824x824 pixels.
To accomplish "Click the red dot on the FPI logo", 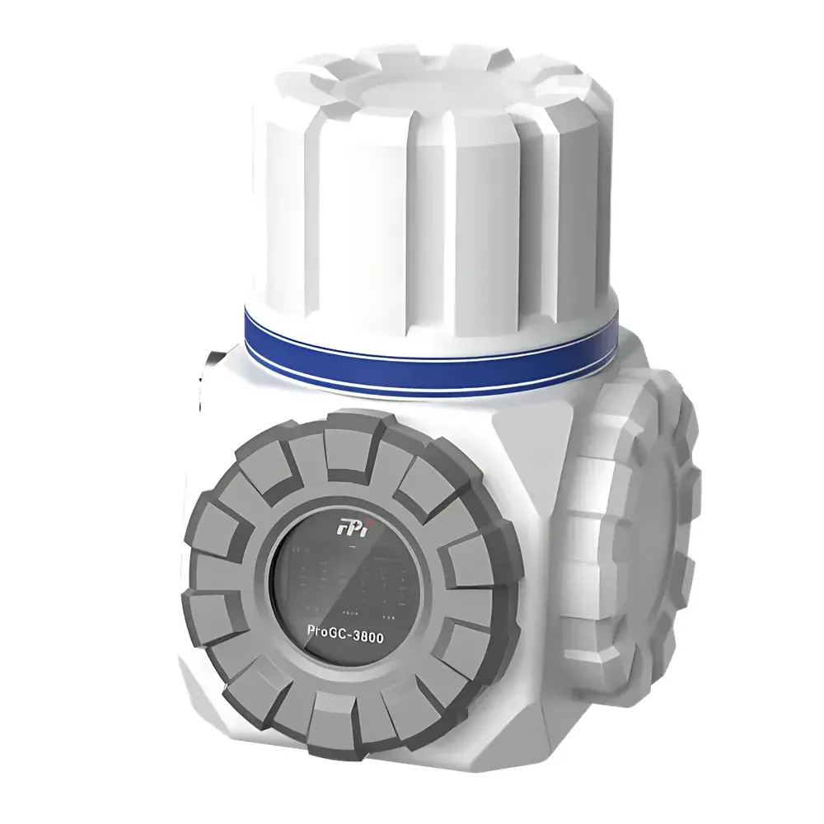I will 363,517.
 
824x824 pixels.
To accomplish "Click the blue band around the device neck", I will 428,346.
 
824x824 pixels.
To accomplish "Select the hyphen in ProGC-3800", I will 358,632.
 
